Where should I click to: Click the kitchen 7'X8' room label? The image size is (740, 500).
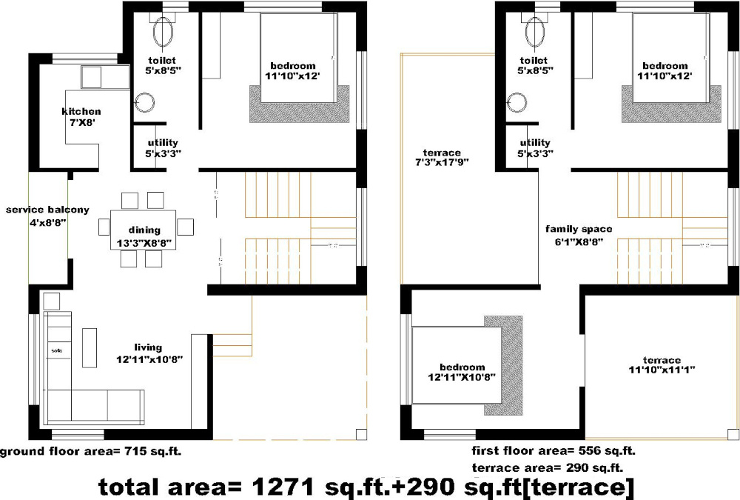tap(81, 117)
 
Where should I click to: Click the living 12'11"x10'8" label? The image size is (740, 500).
tap(148, 353)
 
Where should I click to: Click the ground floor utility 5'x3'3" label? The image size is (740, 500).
tap(162, 148)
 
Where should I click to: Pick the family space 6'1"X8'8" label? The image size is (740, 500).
tap(579, 235)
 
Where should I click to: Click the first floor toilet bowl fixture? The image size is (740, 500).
tap(534, 31)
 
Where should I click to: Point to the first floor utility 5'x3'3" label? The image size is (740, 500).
tap(535, 148)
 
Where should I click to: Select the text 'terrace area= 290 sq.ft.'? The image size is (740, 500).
tap(547, 467)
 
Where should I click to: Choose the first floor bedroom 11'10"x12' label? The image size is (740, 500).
tap(665, 70)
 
